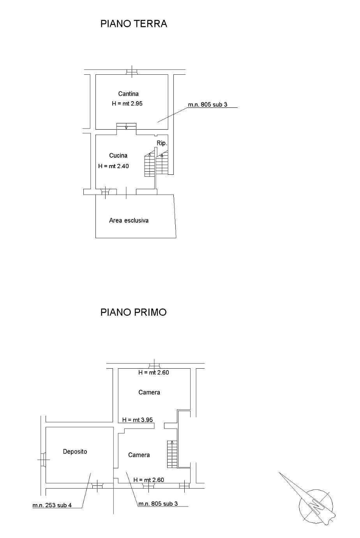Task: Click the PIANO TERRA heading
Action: [134, 24]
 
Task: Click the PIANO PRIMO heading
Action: [133, 312]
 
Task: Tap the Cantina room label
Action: [128, 94]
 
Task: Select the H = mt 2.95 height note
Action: [127, 104]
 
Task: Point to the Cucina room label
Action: [118, 155]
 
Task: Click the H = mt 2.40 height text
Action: [113, 166]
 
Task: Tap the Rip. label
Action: [162, 143]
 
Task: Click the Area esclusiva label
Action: [129, 220]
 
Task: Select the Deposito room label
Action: [75, 452]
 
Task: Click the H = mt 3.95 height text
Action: [138, 420]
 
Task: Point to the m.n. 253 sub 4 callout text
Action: [52, 505]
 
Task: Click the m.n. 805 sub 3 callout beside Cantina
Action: [208, 104]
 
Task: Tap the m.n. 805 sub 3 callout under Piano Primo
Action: [158, 504]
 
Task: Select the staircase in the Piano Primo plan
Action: [172, 454]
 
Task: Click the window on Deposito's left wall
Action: [43, 459]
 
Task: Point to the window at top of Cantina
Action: [132, 72]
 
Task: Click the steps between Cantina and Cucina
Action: [126, 126]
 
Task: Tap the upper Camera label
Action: [149, 392]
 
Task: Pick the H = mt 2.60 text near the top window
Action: [154, 372]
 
